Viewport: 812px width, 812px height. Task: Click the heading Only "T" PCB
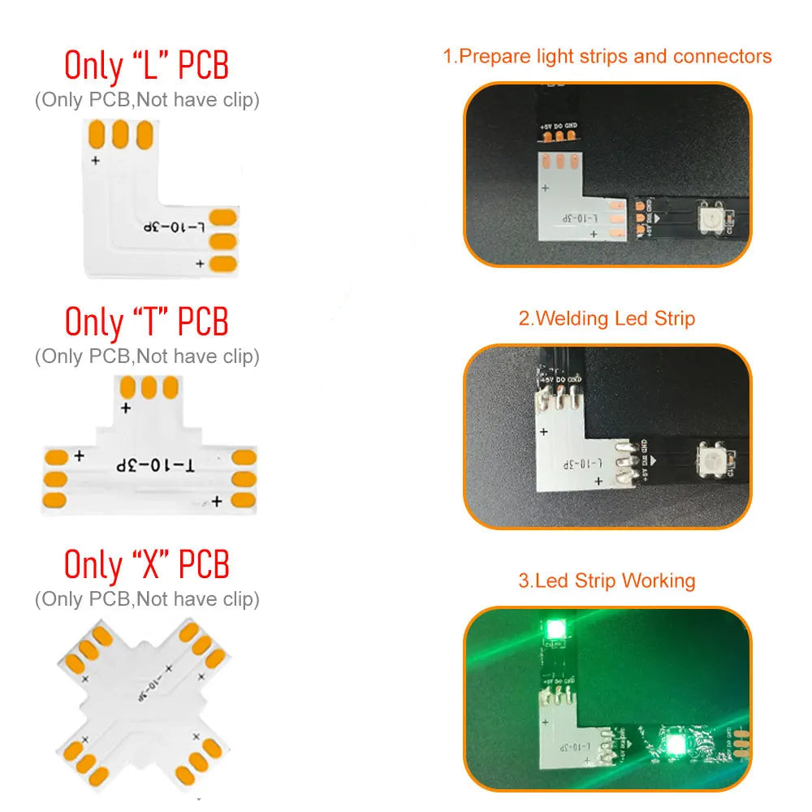147,322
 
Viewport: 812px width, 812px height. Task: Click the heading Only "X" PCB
147,564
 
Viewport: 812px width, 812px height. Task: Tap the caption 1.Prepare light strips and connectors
607,57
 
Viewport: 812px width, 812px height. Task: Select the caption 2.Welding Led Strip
607,318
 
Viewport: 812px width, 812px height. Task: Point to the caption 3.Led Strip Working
607,581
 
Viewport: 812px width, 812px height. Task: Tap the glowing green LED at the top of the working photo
556,628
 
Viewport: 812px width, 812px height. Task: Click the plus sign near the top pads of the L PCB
96,161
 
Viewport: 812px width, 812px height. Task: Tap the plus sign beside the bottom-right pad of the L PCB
200,264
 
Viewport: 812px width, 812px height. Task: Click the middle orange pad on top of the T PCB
148,387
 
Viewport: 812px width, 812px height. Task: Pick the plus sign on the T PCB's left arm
79,456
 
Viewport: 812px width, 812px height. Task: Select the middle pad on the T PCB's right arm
244,479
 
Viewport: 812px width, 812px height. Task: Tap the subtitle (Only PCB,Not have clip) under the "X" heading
147,599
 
